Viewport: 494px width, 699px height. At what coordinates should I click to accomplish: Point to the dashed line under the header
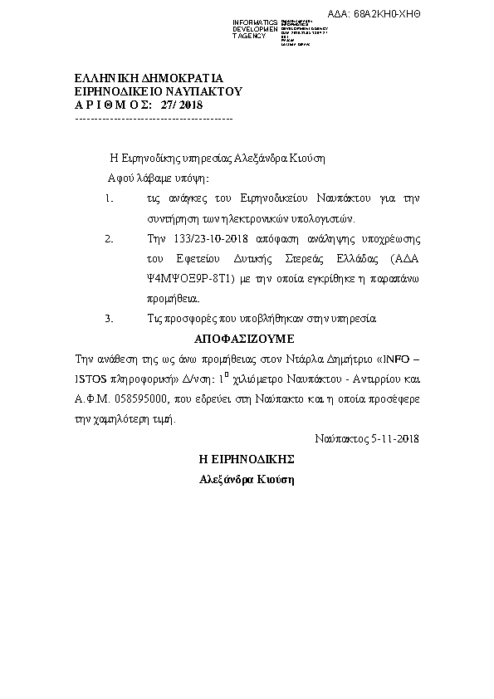154,120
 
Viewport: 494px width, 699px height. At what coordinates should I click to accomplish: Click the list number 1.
109,199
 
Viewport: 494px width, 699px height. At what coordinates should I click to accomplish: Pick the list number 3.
109,318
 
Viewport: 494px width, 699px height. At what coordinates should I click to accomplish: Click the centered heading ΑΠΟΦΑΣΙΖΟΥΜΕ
245,340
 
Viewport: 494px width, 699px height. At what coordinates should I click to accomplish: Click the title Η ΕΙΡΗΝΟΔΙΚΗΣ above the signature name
246,458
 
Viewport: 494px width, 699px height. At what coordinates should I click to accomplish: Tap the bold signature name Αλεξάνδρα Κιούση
246,479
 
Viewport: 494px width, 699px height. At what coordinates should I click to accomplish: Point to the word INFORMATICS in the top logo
255,20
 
